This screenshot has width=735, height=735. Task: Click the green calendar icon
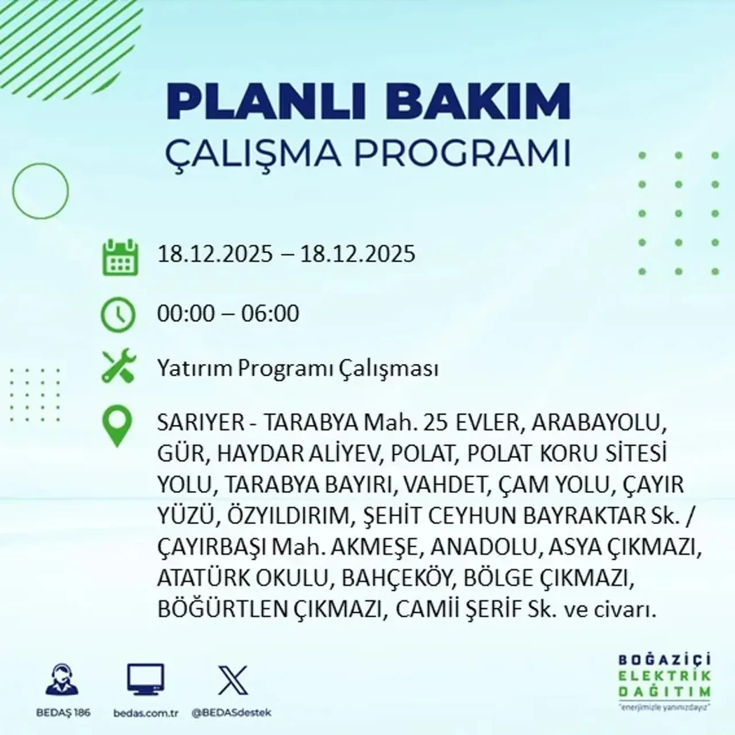[121, 257]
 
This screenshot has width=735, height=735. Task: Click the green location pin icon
[117, 426]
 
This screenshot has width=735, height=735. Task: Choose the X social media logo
[233, 680]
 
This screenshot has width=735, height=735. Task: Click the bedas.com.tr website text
[146, 713]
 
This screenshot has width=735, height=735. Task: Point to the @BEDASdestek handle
[231, 713]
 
